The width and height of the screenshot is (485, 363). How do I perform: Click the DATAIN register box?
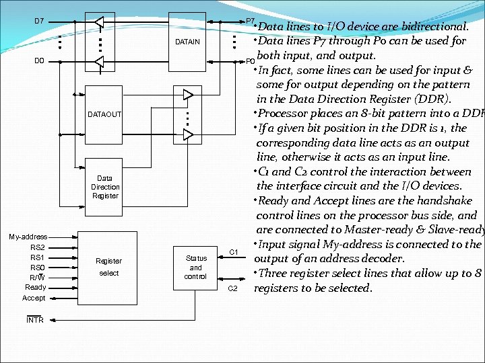pyautogui.click(x=187, y=42)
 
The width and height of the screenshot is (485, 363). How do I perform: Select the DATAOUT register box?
pyautogui.click(x=104, y=114)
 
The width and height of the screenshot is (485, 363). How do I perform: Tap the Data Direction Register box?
pyautogui.click(x=104, y=187)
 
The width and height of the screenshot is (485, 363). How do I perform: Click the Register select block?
pyautogui.click(x=108, y=266)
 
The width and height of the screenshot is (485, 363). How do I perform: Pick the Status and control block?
pyautogui.click(x=195, y=267)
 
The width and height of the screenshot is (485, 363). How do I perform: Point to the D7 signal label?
pyautogui.click(x=39, y=21)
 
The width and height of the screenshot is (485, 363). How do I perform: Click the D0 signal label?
pyautogui.click(x=39, y=61)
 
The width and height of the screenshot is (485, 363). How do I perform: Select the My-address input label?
pyautogui.click(x=28, y=237)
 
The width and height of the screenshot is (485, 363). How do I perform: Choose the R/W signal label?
pyautogui.click(x=37, y=278)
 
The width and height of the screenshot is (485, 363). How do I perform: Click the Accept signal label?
pyautogui.click(x=34, y=298)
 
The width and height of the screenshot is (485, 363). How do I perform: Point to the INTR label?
pyautogui.click(x=35, y=320)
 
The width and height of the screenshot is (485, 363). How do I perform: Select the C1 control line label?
pyautogui.click(x=234, y=252)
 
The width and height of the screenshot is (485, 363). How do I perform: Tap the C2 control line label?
pyautogui.click(x=233, y=288)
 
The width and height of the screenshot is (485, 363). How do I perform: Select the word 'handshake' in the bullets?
pyautogui.click(x=447, y=201)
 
